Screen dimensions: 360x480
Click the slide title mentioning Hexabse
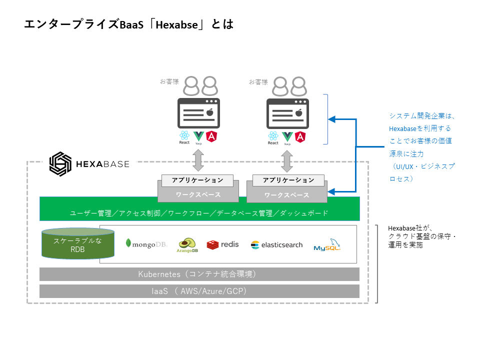click(129, 24)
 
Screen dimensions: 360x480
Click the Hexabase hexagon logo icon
click(60, 163)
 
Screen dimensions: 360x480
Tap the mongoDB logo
click(146, 244)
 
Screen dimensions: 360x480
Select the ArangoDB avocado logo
click(187, 244)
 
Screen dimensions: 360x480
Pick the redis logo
click(222, 244)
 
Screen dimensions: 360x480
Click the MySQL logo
click(327, 245)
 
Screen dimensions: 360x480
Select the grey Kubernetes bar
click(199, 274)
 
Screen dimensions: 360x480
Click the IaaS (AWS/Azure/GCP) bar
click(199, 291)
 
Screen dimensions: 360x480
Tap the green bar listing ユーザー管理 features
click(199, 212)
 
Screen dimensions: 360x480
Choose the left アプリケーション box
click(197, 180)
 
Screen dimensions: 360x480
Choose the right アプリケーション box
click(288, 180)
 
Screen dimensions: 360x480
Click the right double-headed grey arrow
click(287, 160)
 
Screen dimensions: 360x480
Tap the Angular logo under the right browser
click(300, 136)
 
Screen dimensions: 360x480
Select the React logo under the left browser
click(184, 136)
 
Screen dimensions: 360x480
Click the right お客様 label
click(258, 82)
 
